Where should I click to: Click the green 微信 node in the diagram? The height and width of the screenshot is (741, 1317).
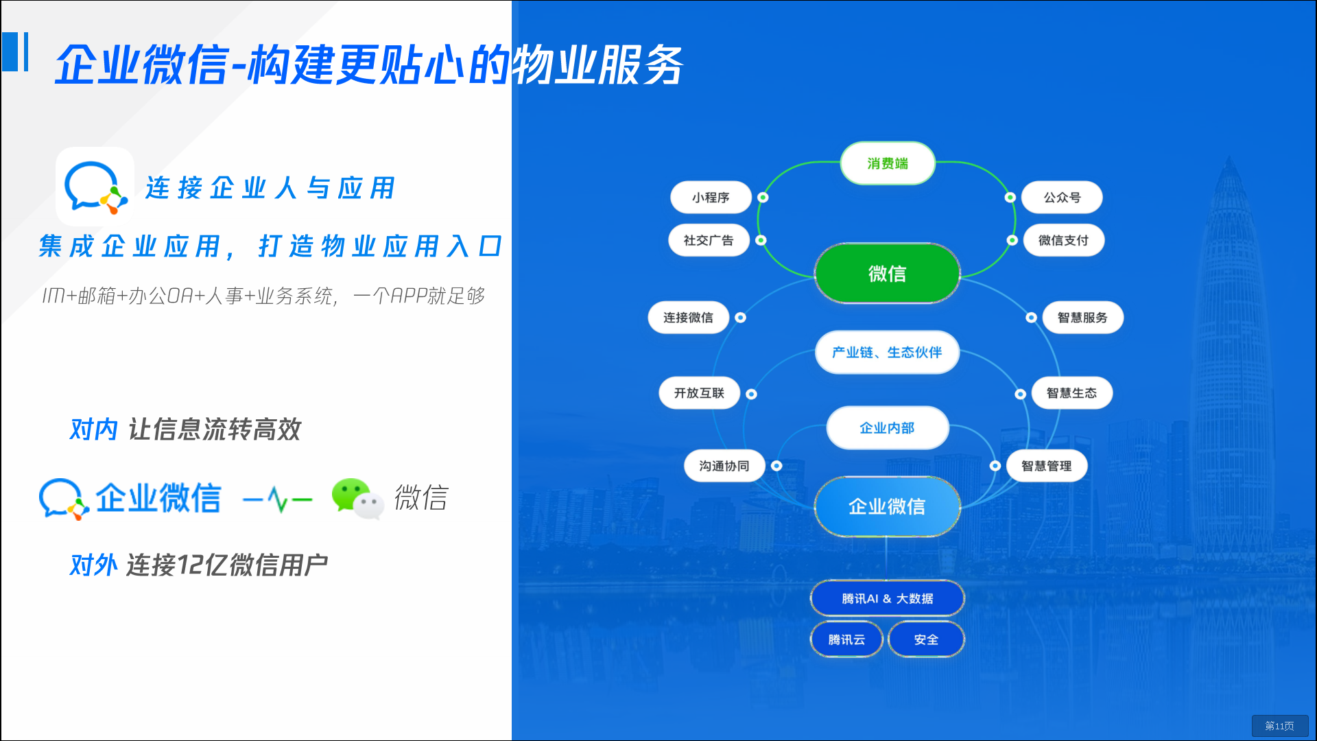click(887, 273)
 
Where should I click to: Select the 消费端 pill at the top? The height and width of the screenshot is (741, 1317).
click(887, 163)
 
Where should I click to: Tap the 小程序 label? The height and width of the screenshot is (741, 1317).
click(711, 198)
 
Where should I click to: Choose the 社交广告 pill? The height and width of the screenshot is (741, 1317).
click(709, 240)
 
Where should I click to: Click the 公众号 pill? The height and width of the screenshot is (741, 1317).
click(1062, 198)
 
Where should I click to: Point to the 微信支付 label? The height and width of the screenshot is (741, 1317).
click(1063, 240)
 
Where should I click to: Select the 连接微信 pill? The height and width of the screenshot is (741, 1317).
click(688, 318)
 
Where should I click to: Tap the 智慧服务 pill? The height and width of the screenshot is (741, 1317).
click(1082, 318)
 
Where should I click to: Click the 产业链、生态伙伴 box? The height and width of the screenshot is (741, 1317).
click(887, 352)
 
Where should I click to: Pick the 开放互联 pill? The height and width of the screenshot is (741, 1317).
click(699, 393)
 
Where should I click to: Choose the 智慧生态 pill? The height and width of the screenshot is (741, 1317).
click(1071, 393)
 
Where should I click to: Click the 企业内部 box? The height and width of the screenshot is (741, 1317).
click(887, 428)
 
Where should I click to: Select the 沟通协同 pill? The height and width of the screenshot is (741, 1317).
click(724, 466)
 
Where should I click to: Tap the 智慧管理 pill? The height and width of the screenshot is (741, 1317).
click(1046, 466)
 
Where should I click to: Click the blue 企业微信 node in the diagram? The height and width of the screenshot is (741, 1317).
click(887, 506)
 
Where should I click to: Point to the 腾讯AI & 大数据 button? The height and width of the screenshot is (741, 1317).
click(887, 598)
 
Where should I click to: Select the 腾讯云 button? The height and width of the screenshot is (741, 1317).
click(846, 639)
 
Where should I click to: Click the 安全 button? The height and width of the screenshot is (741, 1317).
click(926, 639)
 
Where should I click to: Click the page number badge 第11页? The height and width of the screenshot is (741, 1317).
click(1279, 726)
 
